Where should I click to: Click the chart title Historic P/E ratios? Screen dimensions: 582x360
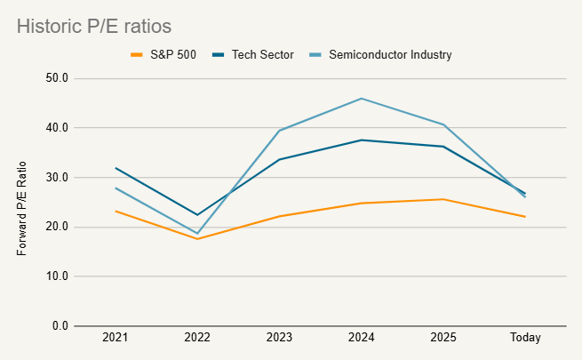coord(94,27)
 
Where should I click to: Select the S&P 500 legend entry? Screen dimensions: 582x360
coord(163,54)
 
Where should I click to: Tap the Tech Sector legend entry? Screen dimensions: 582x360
coord(253,54)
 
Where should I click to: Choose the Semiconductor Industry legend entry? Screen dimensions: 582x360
coord(380,54)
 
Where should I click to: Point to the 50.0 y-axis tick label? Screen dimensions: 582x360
coord(57,78)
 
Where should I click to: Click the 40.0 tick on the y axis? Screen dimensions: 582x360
coord(57,128)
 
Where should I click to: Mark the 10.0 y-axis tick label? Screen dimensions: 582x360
coord(57,276)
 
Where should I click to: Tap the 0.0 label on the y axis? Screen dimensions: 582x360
coord(60,326)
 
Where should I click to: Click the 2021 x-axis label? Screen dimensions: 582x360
coord(115,338)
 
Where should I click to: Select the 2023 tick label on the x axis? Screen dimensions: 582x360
coord(279,338)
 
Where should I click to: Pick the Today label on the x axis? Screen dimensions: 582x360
coord(525,338)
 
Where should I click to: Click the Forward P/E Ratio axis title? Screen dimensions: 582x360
coord(22,209)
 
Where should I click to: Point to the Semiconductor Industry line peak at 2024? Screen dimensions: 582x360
coord(362,99)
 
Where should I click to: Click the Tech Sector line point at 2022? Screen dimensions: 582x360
coord(197,215)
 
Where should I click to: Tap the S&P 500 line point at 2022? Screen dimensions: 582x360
coord(197,239)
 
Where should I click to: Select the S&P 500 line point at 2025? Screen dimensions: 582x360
coord(443,199)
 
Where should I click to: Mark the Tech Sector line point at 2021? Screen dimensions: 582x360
coord(116,168)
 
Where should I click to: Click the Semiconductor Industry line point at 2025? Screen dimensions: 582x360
coord(443,124)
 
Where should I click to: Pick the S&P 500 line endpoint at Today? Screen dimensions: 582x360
coord(525,217)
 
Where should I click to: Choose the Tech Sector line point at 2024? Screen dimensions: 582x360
coord(362,140)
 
